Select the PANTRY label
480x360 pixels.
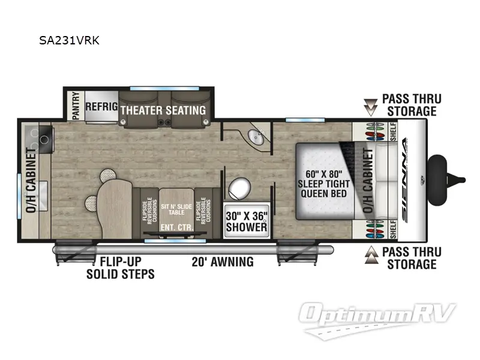74,106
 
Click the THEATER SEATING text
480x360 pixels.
163,110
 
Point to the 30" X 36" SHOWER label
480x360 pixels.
246,221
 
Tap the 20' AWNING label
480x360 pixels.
223,262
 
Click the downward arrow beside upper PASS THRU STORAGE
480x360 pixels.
371,106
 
